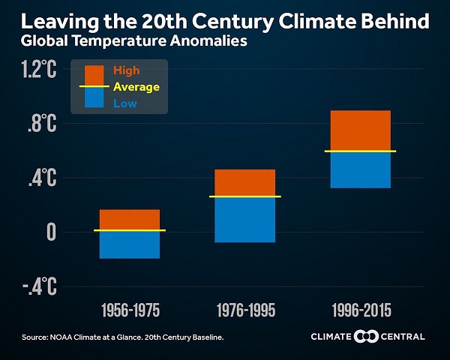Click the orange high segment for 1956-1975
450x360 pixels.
(129, 219)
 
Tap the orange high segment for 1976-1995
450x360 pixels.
(244, 182)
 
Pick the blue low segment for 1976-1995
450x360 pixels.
(244, 220)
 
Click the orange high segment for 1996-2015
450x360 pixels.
(360, 130)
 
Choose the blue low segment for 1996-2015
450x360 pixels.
(360, 170)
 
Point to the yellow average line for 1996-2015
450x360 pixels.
(360, 151)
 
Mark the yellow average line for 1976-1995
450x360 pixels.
(244, 196)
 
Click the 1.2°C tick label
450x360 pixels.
(39, 70)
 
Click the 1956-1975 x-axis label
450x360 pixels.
(129, 310)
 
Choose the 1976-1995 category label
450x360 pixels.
(244, 310)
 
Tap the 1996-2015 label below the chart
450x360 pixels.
(360, 310)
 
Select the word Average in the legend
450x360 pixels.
(136, 87)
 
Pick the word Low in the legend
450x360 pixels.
(124, 103)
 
